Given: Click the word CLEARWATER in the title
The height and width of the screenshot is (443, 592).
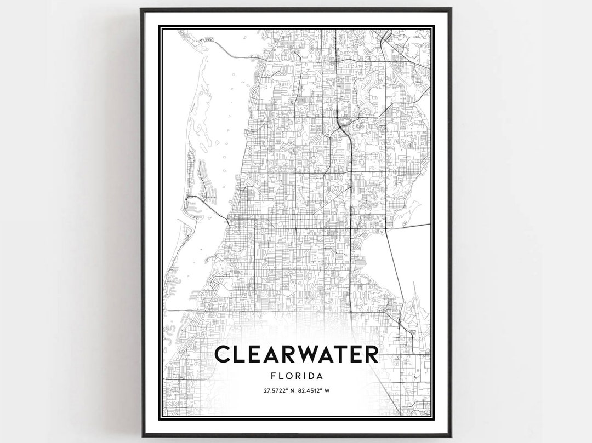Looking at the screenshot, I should (296, 354).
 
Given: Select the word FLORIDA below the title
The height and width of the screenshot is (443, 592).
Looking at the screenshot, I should (296, 376).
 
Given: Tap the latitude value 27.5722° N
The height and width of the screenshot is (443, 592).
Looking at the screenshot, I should (276, 390).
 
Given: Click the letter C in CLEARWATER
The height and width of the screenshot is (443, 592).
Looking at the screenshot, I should (223, 354).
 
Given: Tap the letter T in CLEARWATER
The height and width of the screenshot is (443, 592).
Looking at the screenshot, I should (341, 354).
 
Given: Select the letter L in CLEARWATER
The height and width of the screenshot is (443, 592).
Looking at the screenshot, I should (240, 354).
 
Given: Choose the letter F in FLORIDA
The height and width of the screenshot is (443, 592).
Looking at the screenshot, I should (273, 376).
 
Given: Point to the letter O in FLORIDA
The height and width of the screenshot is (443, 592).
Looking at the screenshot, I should (288, 376).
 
